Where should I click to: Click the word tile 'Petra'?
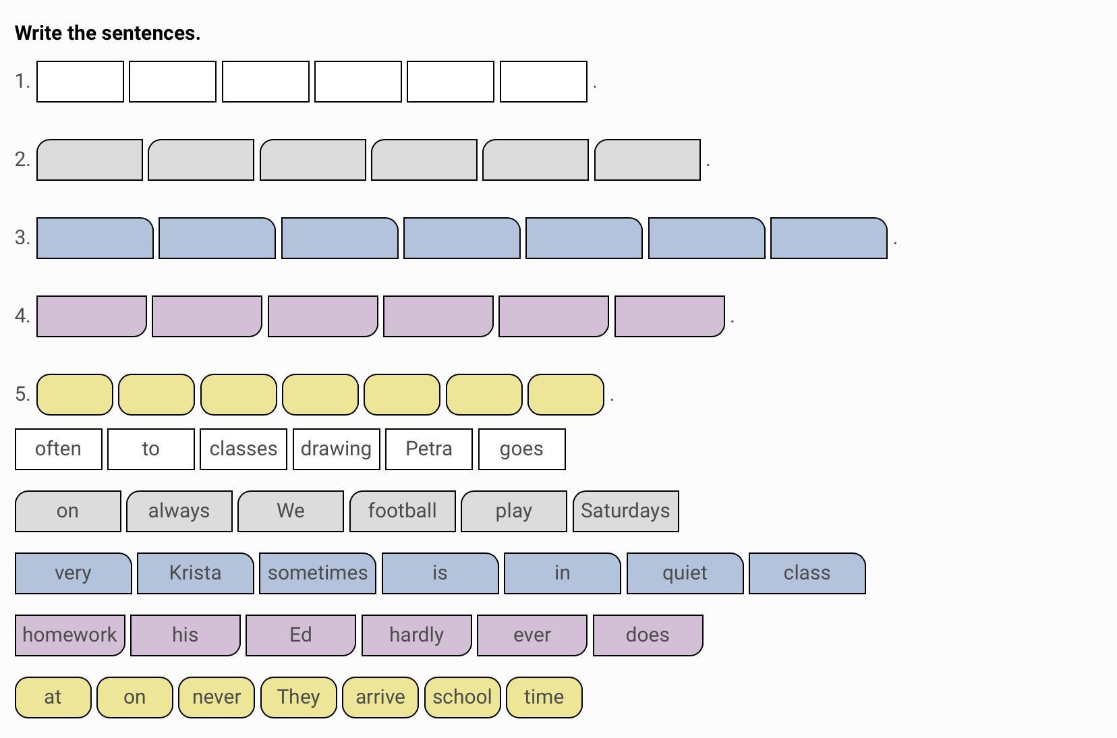[x=429, y=449]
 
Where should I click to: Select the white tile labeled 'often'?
[x=58, y=449]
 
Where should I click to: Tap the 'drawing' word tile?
[x=336, y=449]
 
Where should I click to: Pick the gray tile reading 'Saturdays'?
[x=626, y=511]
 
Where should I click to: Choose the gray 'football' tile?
[x=403, y=511]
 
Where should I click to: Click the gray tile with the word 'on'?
[x=68, y=511]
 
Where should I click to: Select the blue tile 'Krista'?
[x=196, y=573]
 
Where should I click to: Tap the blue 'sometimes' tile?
[x=318, y=573]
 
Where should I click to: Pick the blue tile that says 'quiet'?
[x=685, y=573]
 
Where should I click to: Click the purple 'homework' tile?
[x=70, y=635]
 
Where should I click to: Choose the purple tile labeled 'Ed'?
[x=301, y=635]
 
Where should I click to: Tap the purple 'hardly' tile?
[x=416, y=635]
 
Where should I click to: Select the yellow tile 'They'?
[x=299, y=697]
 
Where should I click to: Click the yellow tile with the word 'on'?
[x=135, y=697]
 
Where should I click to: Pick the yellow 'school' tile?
[x=462, y=697]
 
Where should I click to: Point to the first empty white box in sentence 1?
[x=80, y=82]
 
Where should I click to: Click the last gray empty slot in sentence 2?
[x=648, y=160]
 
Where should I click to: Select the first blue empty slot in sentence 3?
[x=94, y=238]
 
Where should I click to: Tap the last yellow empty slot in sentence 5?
[x=566, y=395]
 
